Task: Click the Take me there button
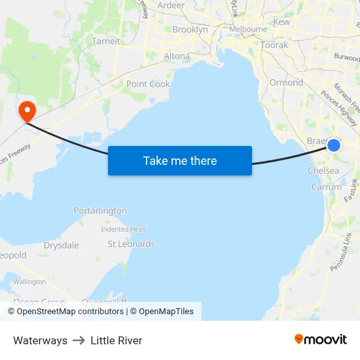180,161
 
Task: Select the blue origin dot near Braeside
334,145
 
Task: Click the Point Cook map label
148,84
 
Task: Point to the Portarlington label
100,211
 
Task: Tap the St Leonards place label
131,244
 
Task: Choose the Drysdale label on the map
62,245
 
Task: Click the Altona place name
176,56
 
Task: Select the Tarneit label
106,41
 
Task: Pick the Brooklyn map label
190,29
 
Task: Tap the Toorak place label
274,45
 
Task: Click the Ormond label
286,82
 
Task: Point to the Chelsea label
323,171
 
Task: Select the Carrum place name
326,187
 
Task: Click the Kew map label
281,22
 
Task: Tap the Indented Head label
123,229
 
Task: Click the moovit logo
320,339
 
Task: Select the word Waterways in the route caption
40,340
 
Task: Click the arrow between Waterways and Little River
79,340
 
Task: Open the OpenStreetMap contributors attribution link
70,312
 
